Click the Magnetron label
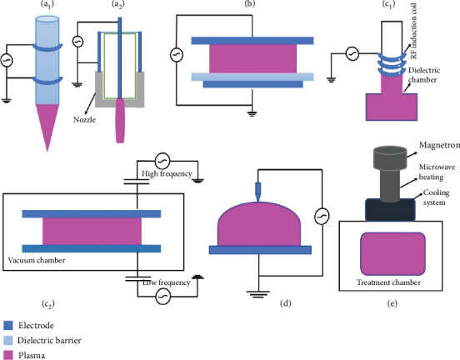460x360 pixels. coord(439,145)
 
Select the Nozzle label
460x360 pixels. coord(84,120)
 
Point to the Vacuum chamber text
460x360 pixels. coord(37,260)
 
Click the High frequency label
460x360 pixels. coord(167,173)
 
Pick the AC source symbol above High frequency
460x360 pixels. coord(162,161)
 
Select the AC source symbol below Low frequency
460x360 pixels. coord(162,297)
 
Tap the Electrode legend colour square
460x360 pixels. coord(8,325)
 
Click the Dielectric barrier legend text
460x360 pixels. coord(49,340)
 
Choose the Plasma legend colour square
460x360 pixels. coord(8,355)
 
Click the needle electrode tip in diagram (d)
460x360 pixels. coord(258,202)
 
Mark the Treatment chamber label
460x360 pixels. coord(388,282)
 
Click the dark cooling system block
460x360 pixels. coord(390,209)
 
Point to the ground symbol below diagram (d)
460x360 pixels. coord(258,294)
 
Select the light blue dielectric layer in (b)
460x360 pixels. coord(252,77)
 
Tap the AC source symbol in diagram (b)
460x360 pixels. coord(177,55)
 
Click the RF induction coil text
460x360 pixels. coord(413,31)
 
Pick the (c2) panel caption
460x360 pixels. coord(47,303)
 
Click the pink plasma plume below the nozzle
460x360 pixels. coord(120,121)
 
